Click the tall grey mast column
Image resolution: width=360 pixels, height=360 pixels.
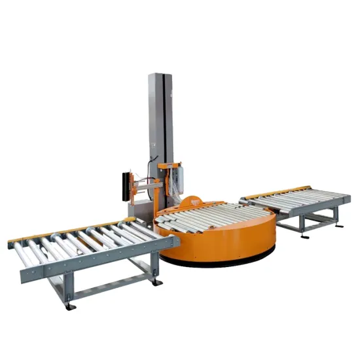point(161,111)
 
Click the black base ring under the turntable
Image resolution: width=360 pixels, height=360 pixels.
point(216,261)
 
